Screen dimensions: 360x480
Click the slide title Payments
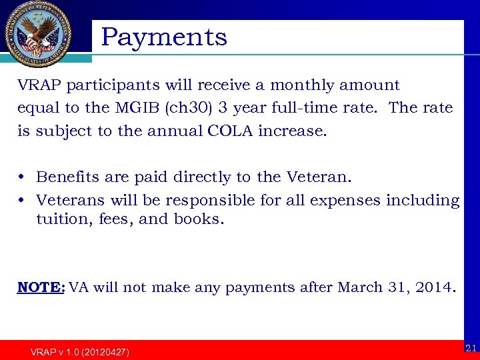click(164, 37)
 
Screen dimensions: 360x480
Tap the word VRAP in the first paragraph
click(39, 85)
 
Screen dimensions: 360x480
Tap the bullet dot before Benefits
click(23, 177)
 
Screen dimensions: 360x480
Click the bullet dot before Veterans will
click(23, 201)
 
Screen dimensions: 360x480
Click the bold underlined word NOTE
click(40, 288)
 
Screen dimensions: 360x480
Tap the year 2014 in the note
click(436, 288)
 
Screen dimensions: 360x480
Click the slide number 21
click(470, 347)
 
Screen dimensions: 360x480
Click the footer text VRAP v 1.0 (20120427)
click(80, 351)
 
